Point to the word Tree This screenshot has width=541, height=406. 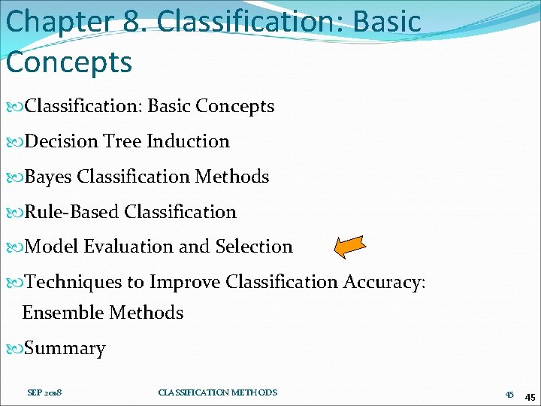(x=122, y=141)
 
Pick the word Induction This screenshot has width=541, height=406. (x=188, y=141)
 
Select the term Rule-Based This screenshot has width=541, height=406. (x=72, y=212)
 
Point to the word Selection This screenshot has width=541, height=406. (x=254, y=247)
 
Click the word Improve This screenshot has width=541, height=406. (x=184, y=282)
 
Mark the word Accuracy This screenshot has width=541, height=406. (x=383, y=282)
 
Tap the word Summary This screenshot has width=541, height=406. (x=65, y=349)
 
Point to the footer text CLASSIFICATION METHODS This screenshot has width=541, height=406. (x=218, y=392)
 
